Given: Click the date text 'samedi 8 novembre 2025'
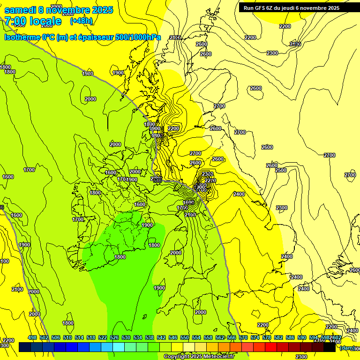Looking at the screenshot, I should tap(59, 10).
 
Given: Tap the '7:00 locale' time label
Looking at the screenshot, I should tap(33, 21).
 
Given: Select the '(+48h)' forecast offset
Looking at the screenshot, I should tap(82, 21).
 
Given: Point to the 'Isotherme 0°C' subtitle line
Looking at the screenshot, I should tap(82, 37).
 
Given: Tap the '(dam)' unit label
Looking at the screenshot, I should tap(347, 347).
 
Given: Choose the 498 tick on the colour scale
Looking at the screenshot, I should tap(32, 337).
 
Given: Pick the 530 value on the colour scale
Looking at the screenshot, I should tap(126, 337).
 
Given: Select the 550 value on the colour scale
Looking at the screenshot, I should tap(185, 337).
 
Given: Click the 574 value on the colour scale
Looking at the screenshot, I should tap(255, 337).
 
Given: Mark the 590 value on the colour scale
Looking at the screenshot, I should tap(302, 337).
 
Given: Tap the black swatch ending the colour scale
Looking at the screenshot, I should tap(330, 347).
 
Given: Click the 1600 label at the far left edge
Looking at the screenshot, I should tap(8, 177).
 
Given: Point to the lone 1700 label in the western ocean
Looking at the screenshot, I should tap(29, 170).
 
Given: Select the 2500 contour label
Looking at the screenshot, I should tap(280, 170).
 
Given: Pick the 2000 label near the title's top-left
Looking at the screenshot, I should tap(56, 6).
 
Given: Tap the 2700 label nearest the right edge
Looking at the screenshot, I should tap(350, 175).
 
